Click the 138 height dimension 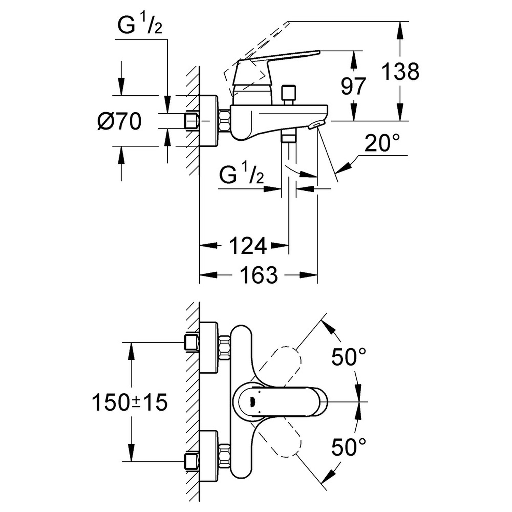400,72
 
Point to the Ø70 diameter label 119,121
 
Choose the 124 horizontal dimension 247,245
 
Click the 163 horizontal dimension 259,275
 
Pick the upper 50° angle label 348,357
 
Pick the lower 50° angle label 348,447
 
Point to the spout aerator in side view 316,126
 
